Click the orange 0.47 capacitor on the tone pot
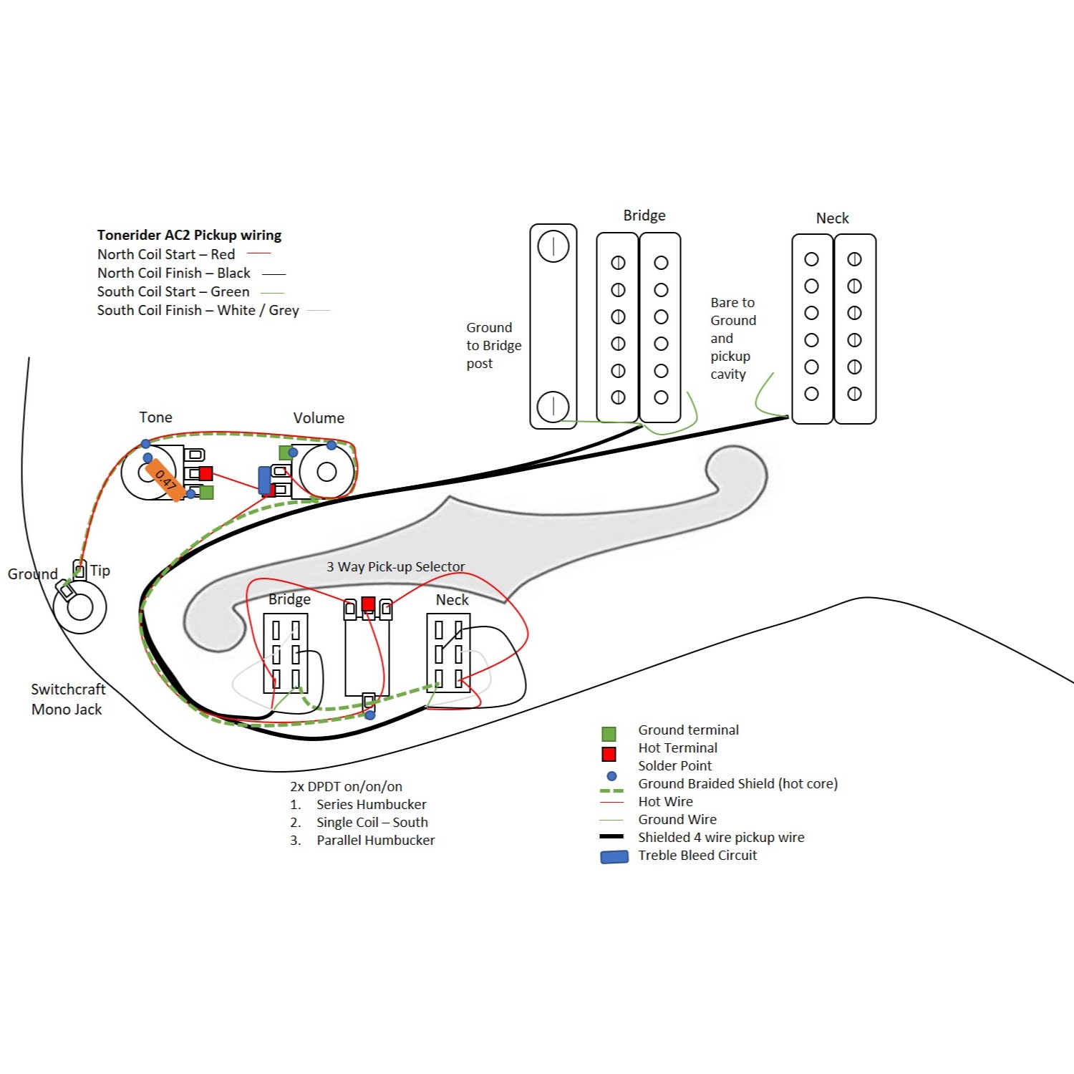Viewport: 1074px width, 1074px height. [165, 479]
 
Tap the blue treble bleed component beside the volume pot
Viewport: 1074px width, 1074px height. [264, 480]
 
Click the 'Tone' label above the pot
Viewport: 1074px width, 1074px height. [155, 417]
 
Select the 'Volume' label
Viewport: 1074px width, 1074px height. [319, 418]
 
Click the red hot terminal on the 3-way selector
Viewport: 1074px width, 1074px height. [368, 604]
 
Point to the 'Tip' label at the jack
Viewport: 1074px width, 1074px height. [100, 571]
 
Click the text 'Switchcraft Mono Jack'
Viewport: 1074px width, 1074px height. [67, 699]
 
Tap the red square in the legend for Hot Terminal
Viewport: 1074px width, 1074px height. [609, 753]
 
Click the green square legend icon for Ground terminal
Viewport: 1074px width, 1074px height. [609, 734]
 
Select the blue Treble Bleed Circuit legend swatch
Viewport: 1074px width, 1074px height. [614, 856]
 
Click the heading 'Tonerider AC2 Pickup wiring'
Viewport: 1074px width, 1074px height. [189, 235]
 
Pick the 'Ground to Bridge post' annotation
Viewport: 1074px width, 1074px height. [493, 345]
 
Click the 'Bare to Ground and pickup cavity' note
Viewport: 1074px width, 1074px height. [732, 338]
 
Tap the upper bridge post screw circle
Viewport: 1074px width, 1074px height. [553, 246]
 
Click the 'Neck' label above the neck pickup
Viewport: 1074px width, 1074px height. [832, 218]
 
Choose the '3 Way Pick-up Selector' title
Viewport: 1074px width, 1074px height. [395, 567]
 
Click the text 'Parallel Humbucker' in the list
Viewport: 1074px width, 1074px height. [375, 841]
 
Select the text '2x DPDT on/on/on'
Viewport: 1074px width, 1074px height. [346, 786]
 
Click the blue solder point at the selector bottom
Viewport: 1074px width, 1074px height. [369, 715]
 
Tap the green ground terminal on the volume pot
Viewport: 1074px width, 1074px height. [285, 453]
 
